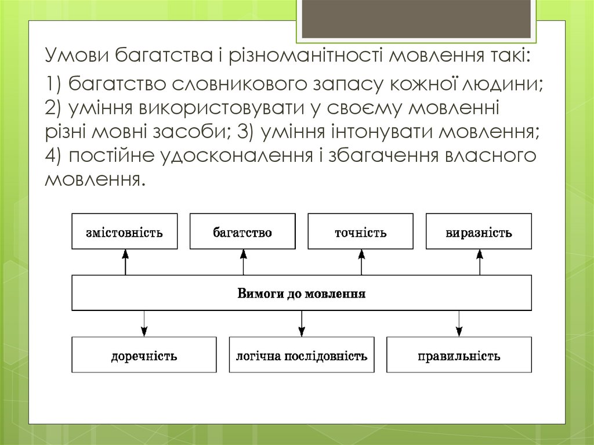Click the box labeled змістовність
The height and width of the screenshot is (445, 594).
[x=125, y=233]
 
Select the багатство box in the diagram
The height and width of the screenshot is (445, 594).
[x=242, y=233]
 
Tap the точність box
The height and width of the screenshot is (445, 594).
[x=361, y=233]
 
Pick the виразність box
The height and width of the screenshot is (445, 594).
[x=479, y=233]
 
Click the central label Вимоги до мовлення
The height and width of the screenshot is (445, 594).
[x=302, y=293]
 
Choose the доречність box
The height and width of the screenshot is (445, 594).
[x=144, y=355]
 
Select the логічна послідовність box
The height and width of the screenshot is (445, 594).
[x=302, y=355]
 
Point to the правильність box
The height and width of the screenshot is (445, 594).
[x=459, y=355]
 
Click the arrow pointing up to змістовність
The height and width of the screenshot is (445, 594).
[x=125, y=262]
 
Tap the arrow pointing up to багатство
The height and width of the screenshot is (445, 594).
[x=243, y=262]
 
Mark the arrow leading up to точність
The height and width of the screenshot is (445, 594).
[x=361, y=262]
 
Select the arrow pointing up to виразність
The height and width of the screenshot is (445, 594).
[x=480, y=262]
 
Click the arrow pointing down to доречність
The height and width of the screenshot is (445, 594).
[x=144, y=323]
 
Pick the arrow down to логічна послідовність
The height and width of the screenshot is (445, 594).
[x=302, y=323]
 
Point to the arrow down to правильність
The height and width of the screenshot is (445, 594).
[x=459, y=323]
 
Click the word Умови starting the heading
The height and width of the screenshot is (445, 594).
[x=77, y=57]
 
